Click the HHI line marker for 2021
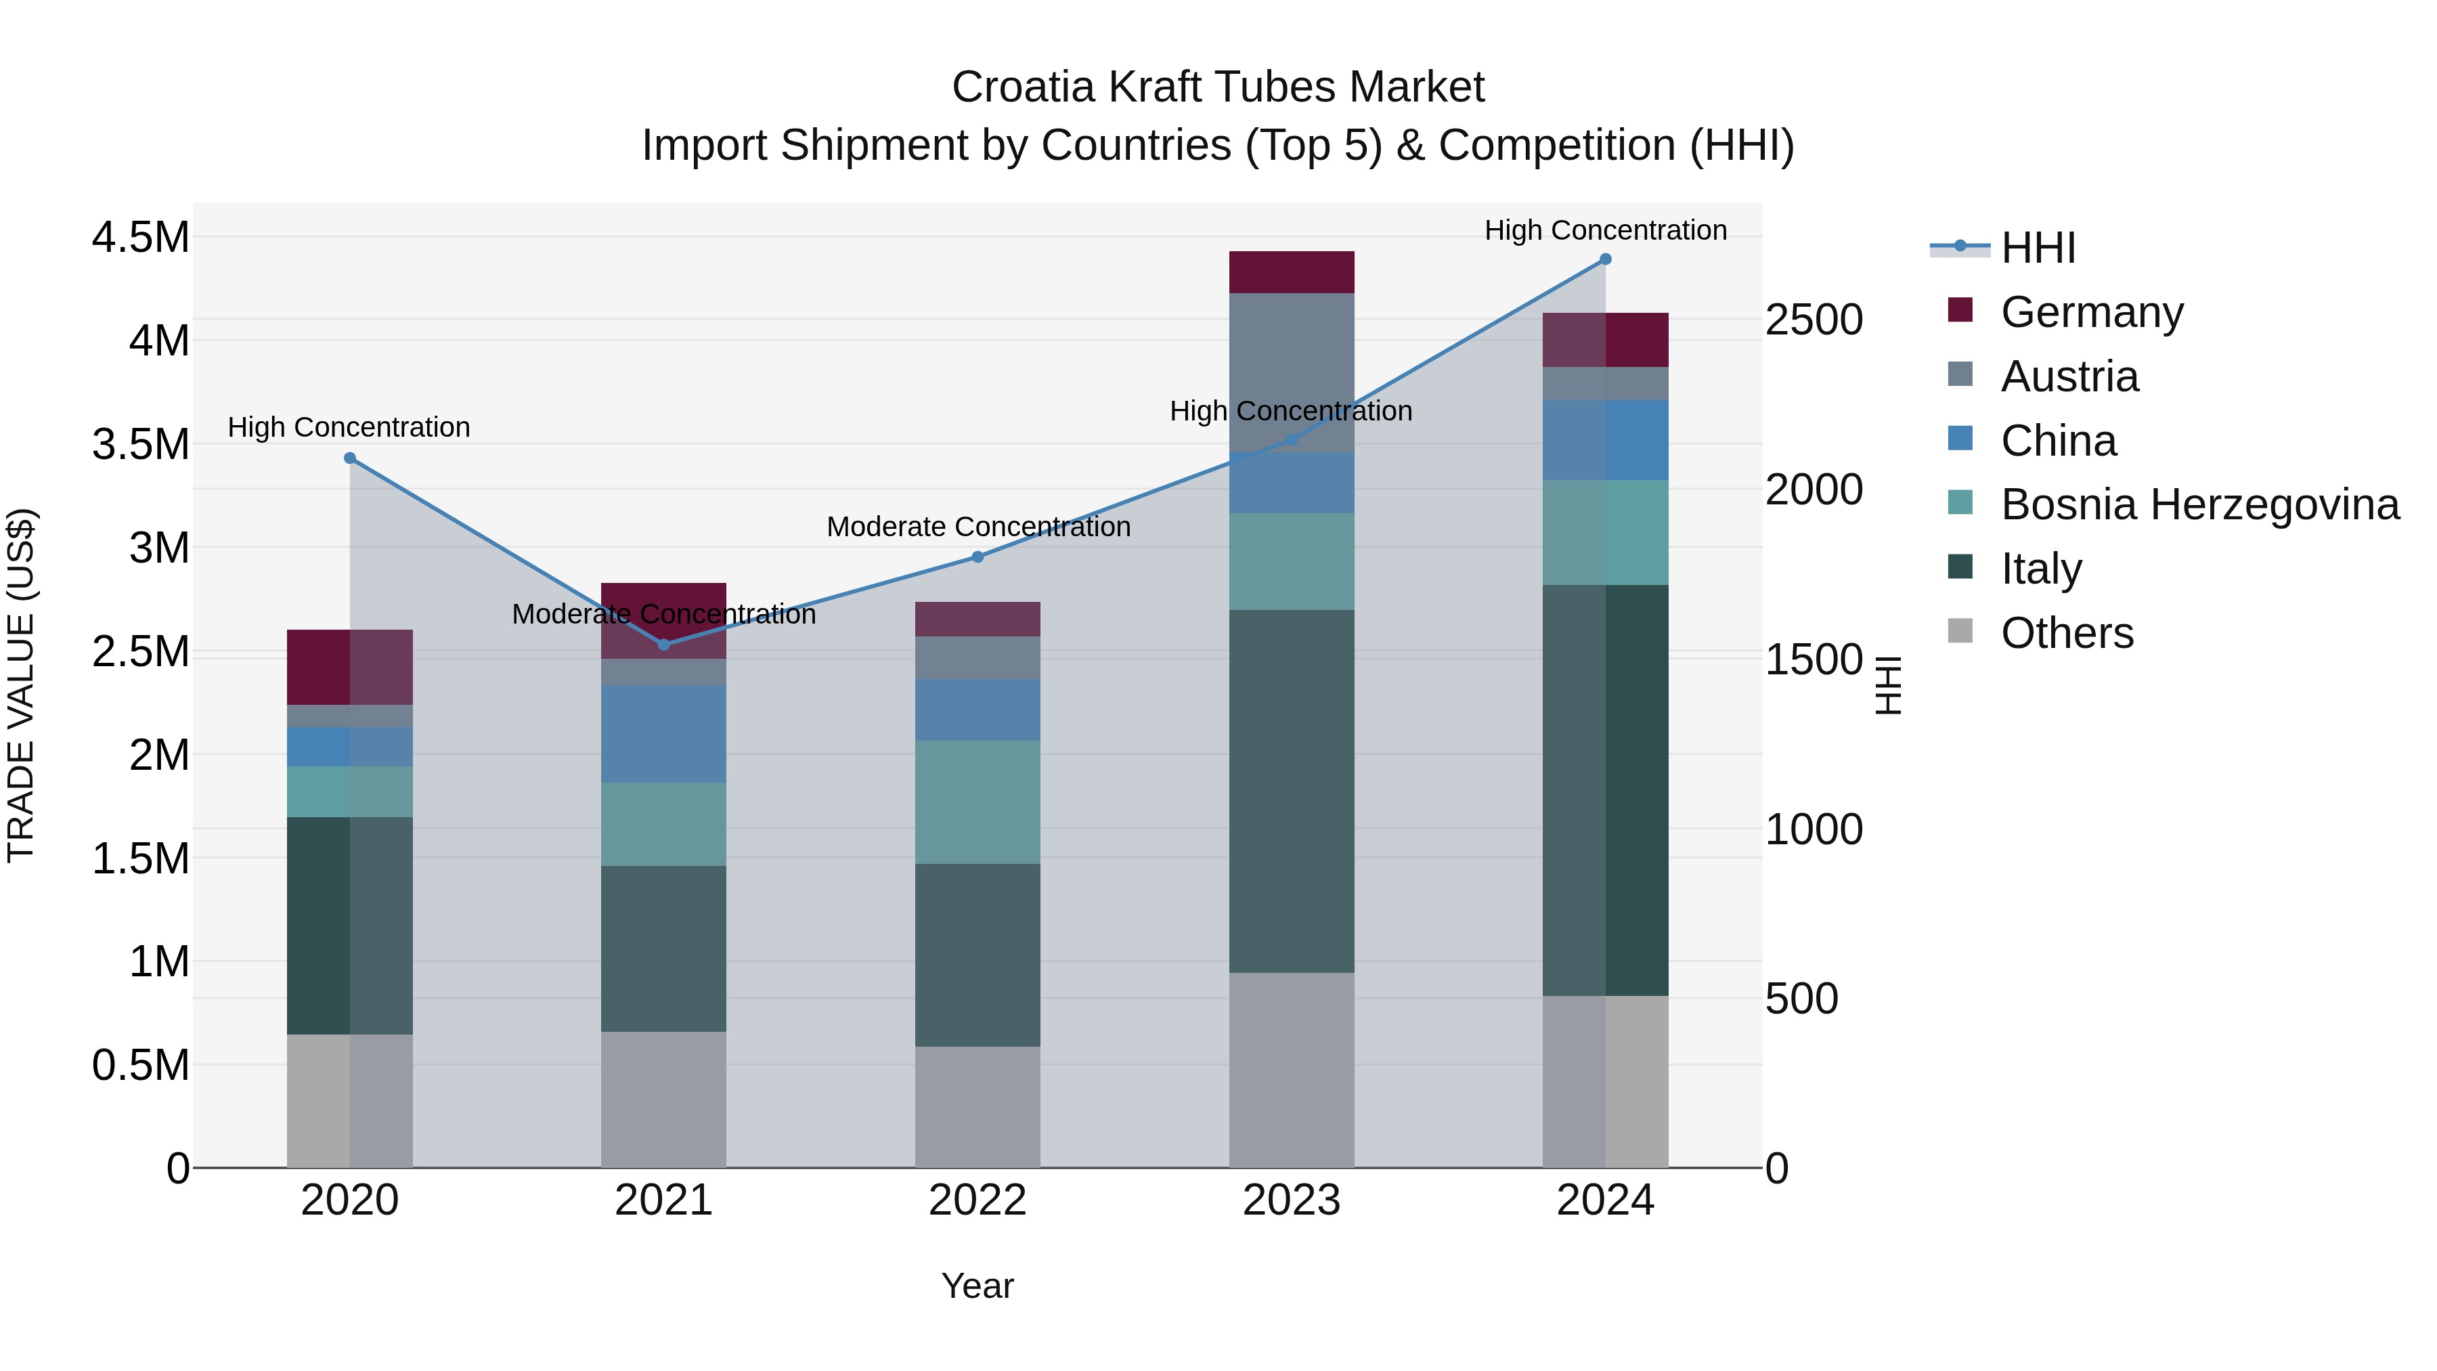click(663, 645)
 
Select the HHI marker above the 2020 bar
click(350, 458)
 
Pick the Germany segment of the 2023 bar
click(1292, 272)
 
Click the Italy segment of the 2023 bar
click(1292, 790)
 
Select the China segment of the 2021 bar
click(663, 733)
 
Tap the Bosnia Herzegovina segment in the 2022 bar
click(978, 802)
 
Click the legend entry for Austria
click(2069, 376)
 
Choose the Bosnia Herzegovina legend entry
click(2199, 504)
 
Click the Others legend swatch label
click(2067, 633)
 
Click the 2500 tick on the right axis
click(1814, 320)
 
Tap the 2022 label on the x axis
click(978, 1200)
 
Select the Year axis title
click(978, 1286)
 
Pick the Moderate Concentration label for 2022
click(978, 526)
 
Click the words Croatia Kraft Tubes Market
click(1218, 87)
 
